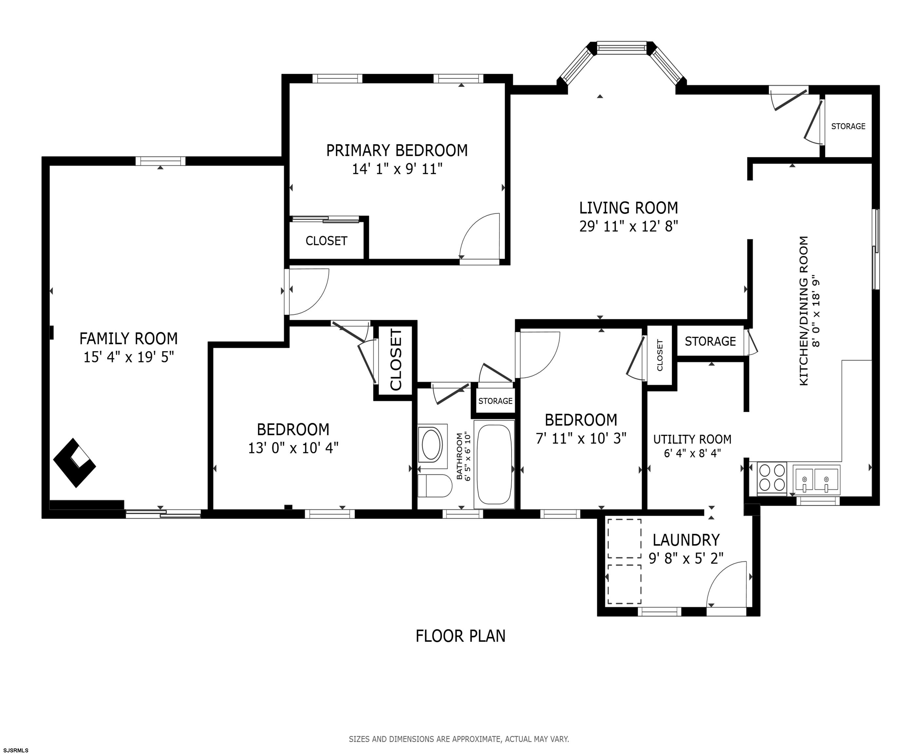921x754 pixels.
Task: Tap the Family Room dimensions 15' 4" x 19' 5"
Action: (129, 357)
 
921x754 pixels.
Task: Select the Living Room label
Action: (629, 208)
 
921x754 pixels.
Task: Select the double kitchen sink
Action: (816, 479)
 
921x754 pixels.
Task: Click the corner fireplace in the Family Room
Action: (75, 463)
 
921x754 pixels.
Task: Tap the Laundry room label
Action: (686, 540)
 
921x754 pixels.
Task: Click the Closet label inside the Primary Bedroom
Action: (327, 241)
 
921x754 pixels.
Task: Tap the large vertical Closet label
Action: (396, 360)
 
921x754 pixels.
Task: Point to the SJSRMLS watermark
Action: (15, 750)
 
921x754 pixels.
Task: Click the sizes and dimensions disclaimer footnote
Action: (459, 739)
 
